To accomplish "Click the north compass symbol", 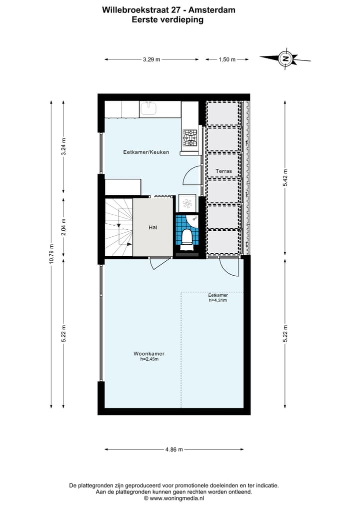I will (x=285, y=58).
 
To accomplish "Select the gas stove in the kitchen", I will (x=190, y=138).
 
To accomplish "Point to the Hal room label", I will (x=153, y=227).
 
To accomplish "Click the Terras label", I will (x=223, y=171).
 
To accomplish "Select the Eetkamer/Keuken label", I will (x=146, y=152).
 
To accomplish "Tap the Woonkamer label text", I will (x=149, y=354).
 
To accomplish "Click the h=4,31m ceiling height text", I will (x=218, y=301).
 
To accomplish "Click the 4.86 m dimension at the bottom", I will (x=174, y=450).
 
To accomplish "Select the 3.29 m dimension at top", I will (x=151, y=59).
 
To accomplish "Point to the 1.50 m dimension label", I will (x=227, y=59).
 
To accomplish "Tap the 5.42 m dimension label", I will (x=285, y=177).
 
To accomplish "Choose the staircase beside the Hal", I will (x=118, y=227).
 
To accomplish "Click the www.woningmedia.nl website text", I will (x=177, y=498).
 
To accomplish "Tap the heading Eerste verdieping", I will (x=167, y=20).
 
